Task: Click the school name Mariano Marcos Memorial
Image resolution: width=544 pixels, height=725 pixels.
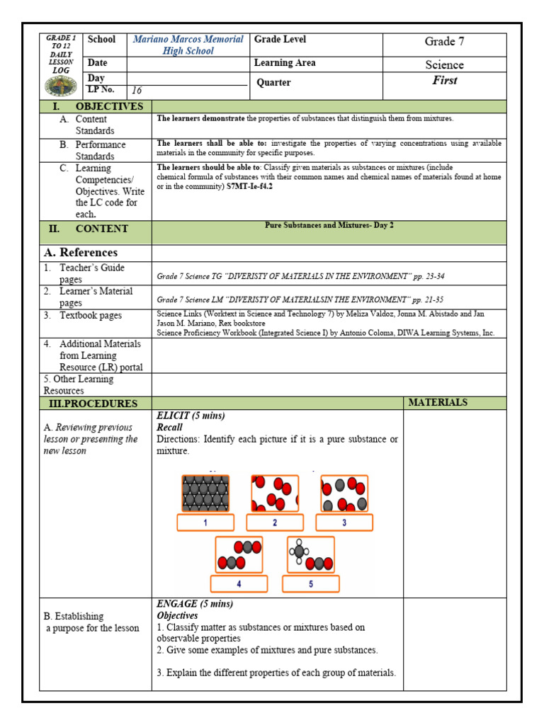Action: click(x=188, y=40)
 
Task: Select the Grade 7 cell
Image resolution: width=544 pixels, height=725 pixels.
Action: click(x=444, y=42)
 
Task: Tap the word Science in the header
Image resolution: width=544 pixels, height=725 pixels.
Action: click(x=444, y=65)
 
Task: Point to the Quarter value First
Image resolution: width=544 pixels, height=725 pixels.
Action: click(x=444, y=81)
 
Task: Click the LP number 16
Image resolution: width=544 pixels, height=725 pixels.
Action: click(x=137, y=91)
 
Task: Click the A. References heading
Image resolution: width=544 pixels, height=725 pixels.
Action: click(x=81, y=253)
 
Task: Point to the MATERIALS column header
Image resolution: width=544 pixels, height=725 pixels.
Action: click(x=438, y=402)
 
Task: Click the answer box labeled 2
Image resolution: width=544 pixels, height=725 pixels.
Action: click(x=275, y=523)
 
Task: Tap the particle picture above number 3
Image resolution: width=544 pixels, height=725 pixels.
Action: click(x=344, y=493)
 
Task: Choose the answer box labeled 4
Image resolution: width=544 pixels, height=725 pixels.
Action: click(x=239, y=584)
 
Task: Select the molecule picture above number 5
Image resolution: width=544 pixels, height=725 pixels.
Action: click(x=311, y=554)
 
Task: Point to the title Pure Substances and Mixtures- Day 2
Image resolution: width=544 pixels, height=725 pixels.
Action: click(x=329, y=225)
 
